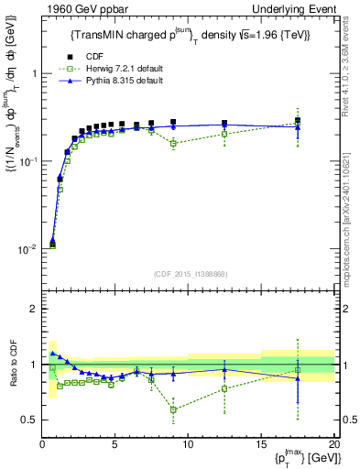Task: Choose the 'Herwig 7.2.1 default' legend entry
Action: [x=125, y=70]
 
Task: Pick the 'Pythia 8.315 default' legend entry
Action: [x=125, y=82]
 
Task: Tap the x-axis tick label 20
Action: [x=333, y=444]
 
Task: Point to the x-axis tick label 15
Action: [x=261, y=444]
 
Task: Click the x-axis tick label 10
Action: [x=188, y=444]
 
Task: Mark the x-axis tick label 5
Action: [x=115, y=444]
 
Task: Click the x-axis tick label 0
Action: [x=42, y=444]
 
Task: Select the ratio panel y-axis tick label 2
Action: [x=32, y=309]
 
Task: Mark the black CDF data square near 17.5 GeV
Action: [x=297, y=120]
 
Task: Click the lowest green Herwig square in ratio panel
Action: [x=173, y=409]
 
